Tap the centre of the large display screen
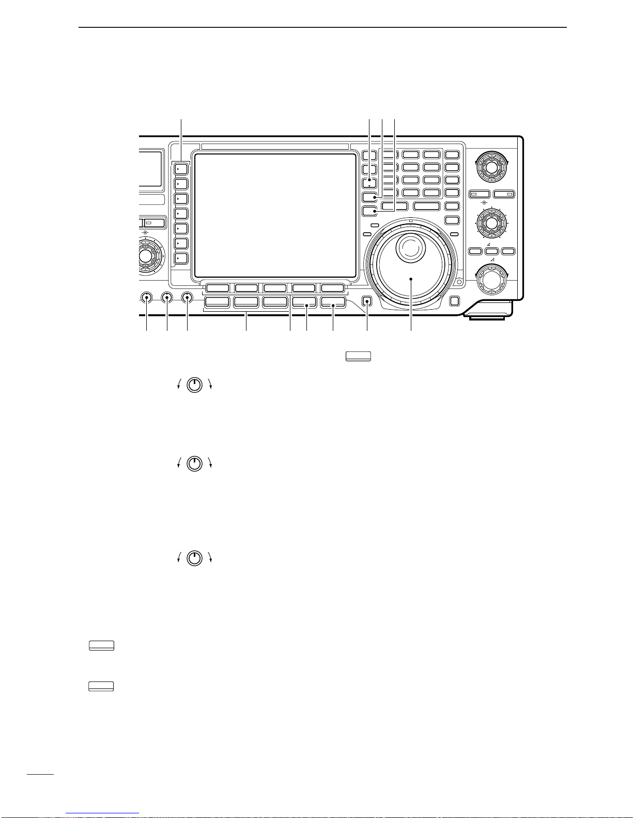276,215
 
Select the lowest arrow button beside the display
181,258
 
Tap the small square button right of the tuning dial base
455,301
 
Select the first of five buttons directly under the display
218,288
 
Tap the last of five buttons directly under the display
332,288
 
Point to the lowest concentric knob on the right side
491,279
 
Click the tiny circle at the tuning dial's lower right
459,282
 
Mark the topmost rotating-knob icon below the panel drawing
194,384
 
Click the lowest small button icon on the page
101,686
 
